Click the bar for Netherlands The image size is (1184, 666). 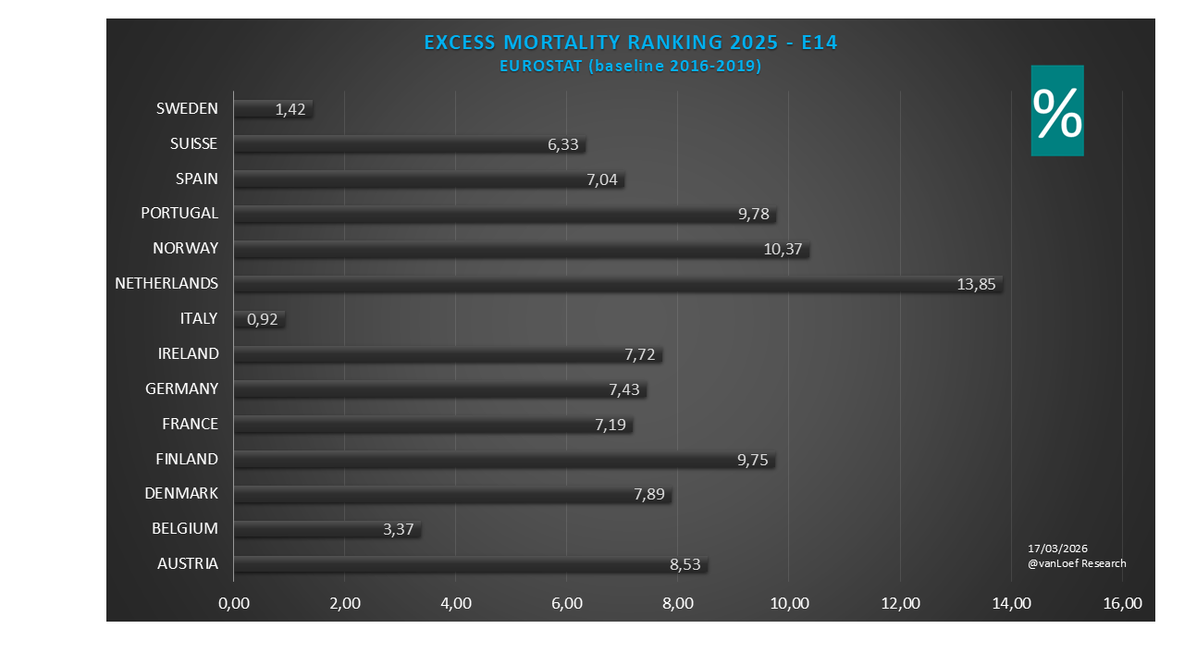[x=618, y=284]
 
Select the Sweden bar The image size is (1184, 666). [x=273, y=109]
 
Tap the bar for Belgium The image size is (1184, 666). [x=327, y=529]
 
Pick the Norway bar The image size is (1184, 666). [x=521, y=249]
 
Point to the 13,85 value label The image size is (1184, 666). [x=976, y=285]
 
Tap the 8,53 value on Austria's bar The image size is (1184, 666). [x=685, y=564]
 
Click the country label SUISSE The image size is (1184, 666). [x=194, y=143]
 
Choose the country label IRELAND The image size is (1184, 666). [x=188, y=353]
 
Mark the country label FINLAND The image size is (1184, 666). [x=187, y=459]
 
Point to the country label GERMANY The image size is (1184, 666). [x=182, y=388]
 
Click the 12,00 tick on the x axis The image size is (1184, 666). [x=900, y=604]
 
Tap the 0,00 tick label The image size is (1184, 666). [x=234, y=604]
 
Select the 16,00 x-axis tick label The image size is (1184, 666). [x=1122, y=604]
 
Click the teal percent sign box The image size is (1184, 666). [x=1057, y=111]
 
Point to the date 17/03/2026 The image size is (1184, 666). [x=1058, y=549]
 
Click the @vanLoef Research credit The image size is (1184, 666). [x=1077, y=563]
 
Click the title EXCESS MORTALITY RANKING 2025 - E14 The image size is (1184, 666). [x=630, y=43]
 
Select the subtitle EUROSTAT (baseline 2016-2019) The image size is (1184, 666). [x=630, y=66]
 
